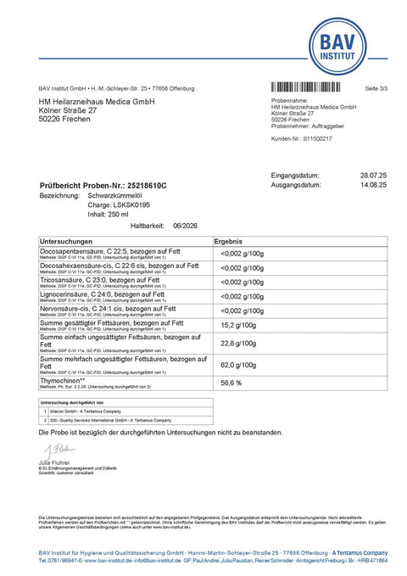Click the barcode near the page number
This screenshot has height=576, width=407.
coord(309,87)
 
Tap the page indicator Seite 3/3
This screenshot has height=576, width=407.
coord(375,88)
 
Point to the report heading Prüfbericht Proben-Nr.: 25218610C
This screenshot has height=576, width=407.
coord(103,185)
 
